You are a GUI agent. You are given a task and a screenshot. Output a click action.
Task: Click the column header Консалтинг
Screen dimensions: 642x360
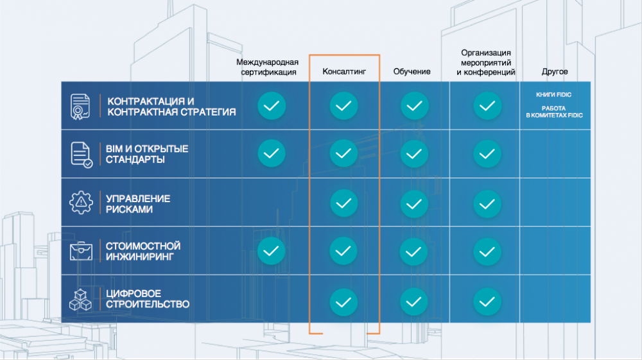pos(344,72)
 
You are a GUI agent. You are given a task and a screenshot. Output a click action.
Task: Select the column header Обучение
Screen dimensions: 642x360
pos(412,72)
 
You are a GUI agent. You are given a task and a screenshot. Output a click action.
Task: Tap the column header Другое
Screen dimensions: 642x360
pos(555,72)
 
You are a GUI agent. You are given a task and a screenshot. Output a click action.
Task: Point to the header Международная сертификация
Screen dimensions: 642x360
pos(267,67)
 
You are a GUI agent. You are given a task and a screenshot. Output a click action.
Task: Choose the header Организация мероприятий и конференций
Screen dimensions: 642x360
pos(486,63)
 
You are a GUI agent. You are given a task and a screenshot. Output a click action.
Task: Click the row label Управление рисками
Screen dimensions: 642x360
pos(138,203)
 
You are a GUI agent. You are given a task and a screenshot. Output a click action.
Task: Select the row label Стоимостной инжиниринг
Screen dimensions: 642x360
pos(143,251)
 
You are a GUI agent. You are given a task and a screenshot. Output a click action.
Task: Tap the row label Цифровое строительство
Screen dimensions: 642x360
pos(148,298)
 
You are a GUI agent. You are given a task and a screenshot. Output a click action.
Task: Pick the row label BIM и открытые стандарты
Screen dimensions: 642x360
pos(147,154)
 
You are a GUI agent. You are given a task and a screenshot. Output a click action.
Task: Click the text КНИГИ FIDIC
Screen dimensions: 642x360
pos(553,94)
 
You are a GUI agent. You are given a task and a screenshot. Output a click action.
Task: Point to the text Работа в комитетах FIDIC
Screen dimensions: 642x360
pos(554,112)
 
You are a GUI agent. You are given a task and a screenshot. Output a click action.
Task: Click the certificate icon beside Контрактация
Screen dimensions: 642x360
pos(80,107)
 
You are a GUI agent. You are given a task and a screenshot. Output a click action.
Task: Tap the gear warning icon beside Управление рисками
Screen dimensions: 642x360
pos(81,202)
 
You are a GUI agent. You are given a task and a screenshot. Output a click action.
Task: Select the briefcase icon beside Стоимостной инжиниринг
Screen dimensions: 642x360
pos(81,251)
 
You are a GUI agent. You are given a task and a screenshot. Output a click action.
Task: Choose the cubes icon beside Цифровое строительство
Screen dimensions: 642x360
pos(80,300)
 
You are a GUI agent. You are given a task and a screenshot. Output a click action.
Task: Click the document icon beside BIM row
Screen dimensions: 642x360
pos(82,155)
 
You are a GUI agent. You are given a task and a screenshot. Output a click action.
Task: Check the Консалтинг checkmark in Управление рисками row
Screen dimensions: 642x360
pos(343,203)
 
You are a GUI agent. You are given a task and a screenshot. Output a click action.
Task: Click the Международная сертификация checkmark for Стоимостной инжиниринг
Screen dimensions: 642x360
pos(271,251)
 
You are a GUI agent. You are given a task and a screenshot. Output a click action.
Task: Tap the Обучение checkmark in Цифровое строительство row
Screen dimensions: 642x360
pos(413,302)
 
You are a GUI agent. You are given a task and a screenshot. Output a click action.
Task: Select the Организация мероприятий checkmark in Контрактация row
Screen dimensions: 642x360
pos(487,106)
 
